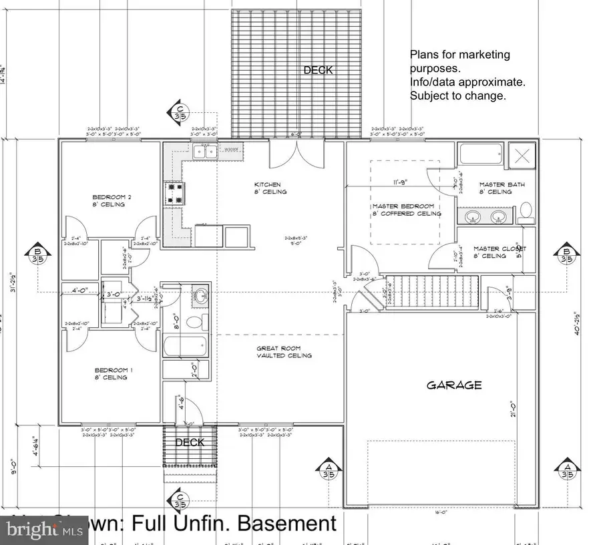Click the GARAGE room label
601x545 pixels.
[x=454, y=385]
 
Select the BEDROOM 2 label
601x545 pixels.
[x=108, y=197]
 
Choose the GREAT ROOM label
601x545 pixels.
[x=284, y=348]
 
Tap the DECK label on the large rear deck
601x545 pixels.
[x=318, y=70]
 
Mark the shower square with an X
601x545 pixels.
[x=523, y=158]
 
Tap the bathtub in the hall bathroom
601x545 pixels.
[x=185, y=347]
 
